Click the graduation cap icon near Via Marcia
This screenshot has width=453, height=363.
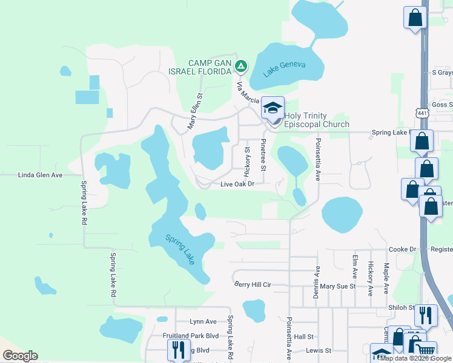click(273, 108)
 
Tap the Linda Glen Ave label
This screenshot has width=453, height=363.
click(40, 175)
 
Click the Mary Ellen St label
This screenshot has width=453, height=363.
click(194, 111)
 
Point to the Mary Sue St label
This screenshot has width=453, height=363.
click(337, 286)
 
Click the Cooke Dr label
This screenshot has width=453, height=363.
click(403, 249)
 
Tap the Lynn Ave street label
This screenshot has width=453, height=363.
click(203, 322)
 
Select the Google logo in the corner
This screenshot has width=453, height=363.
click(20, 356)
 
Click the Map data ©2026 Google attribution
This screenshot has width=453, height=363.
click(415, 358)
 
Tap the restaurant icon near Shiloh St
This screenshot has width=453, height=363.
click(426, 315)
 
